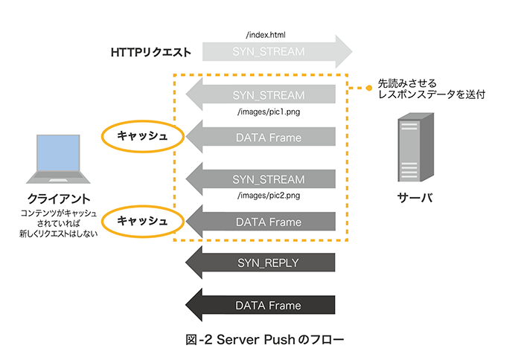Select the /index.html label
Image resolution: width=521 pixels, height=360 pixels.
click(265, 35)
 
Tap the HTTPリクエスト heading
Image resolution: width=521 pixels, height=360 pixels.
click(152, 53)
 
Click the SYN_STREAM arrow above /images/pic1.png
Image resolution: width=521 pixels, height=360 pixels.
click(268, 96)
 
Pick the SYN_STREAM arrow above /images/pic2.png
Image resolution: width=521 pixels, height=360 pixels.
click(268, 179)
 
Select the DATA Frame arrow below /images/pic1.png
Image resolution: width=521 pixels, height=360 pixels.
click(268, 138)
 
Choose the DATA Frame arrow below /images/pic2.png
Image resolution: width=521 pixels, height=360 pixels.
click(268, 222)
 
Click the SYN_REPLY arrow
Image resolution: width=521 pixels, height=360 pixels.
click(268, 263)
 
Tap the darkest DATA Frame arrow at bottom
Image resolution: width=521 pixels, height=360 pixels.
click(268, 306)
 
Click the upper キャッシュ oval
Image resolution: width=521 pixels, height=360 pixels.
click(141, 138)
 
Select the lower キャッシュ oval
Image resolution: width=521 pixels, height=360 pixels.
click(141, 222)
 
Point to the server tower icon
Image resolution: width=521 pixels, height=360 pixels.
click(415, 148)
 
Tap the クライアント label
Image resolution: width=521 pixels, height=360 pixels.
click(59, 199)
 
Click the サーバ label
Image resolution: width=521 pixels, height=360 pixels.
click(415, 199)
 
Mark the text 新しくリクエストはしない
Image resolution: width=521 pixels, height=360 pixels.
click(59, 234)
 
